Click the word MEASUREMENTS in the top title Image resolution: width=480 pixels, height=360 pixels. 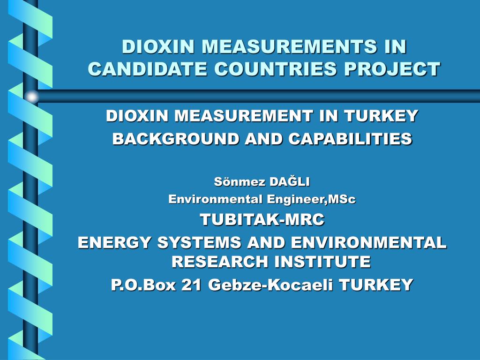coord(289,46)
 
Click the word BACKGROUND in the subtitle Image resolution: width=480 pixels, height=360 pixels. coord(175,139)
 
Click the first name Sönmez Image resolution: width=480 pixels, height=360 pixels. coord(240,181)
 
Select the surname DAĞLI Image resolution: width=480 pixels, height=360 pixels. coord(290,181)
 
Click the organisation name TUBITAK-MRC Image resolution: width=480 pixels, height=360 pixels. coord(262,219)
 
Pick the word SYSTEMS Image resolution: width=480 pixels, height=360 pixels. coord(199,242)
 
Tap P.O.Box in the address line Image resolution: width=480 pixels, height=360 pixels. coord(143,285)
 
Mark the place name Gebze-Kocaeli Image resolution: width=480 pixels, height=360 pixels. coord(270,285)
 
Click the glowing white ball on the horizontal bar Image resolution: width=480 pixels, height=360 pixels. coord(31,97)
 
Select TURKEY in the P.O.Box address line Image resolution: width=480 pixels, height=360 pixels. coord(376,285)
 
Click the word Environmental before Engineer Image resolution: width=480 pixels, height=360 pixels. coord(216,199)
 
